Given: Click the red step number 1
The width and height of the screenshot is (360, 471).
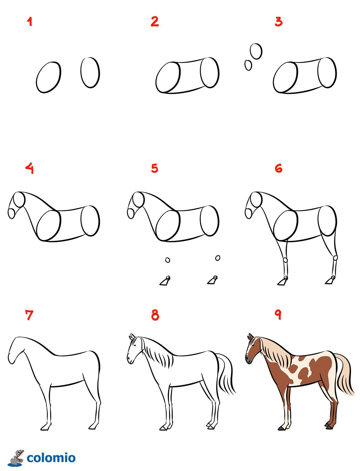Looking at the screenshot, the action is [30, 22].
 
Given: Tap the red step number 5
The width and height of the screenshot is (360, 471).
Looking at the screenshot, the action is [154, 168].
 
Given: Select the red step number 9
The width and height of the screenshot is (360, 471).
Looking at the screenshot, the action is [278, 315].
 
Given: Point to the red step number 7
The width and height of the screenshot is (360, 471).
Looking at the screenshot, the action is [29, 315].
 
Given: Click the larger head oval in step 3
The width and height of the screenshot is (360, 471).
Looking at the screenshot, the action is [256, 51].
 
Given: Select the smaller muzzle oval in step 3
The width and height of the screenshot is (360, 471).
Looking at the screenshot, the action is [248, 65].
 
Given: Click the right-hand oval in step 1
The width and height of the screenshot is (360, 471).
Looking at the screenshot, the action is [90, 73].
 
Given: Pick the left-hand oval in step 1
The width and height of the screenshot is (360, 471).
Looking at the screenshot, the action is [49, 77].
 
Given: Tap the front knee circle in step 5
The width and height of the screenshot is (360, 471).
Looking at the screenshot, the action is [168, 260].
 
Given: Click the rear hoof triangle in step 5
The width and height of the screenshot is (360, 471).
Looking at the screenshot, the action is [212, 280].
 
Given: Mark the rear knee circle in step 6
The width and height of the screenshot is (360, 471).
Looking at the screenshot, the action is [335, 258].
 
